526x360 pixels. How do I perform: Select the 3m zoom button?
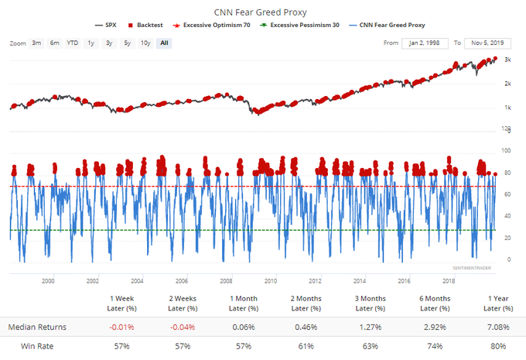[x=36, y=43]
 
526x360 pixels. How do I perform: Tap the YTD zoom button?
[x=72, y=43]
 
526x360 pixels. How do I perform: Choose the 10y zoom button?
[x=145, y=43]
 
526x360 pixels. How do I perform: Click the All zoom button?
[x=164, y=43]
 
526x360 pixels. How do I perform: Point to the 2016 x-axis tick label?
[x=404, y=282]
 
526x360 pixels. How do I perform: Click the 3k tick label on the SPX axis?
[x=507, y=60]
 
